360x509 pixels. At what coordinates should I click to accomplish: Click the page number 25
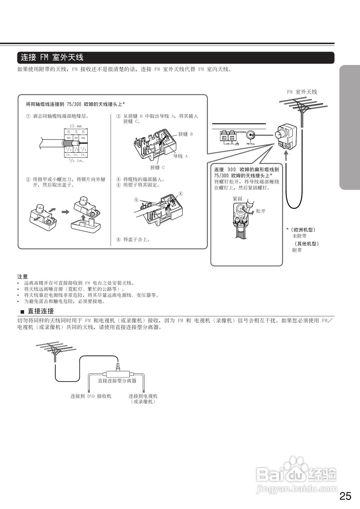pyautogui.click(x=345, y=496)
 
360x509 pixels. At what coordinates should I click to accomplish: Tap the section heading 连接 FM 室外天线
pyautogui.click(x=52, y=57)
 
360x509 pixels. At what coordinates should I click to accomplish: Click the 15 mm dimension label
pyautogui.click(x=76, y=126)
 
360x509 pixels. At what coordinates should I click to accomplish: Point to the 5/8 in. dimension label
pyautogui.click(x=76, y=160)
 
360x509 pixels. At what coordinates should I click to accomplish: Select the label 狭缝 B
pyautogui.click(x=186, y=134)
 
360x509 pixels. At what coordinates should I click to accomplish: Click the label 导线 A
pyautogui.click(x=181, y=156)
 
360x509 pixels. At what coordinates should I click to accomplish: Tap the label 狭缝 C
pyautogui.click(x=157, y=167)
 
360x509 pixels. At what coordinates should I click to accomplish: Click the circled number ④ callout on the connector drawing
pyautogui.click(x=181, y=194)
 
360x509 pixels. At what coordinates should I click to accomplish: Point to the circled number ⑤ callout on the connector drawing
pyautogui.click(x=136, y=200)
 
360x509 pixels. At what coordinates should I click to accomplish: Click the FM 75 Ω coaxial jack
pyautogui.click(x=251, y=135)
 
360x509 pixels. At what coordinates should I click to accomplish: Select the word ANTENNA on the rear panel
pyautogui.click(x=241, y=132)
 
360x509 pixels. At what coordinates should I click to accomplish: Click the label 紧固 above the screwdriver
pyautogui.click(x=237, y=199)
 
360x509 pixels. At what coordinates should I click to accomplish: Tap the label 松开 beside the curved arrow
pyautogui.click(x=261, y=211)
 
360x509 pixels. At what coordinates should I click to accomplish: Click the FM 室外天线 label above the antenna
pyautogui.click(x=302, y=92)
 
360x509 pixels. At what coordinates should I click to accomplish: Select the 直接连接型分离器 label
pyautogui.click(x=117, y=381)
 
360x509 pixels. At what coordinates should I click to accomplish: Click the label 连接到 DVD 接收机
pyautogui.click(x=91, y=396)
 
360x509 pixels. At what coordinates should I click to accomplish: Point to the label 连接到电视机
pyautogui.click(x=143, y=396)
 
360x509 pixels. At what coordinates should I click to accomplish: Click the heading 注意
pyautogui.click(x=22, y=277)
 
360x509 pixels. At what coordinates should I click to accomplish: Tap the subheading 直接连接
pyautogui.click(x=41, y=311)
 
